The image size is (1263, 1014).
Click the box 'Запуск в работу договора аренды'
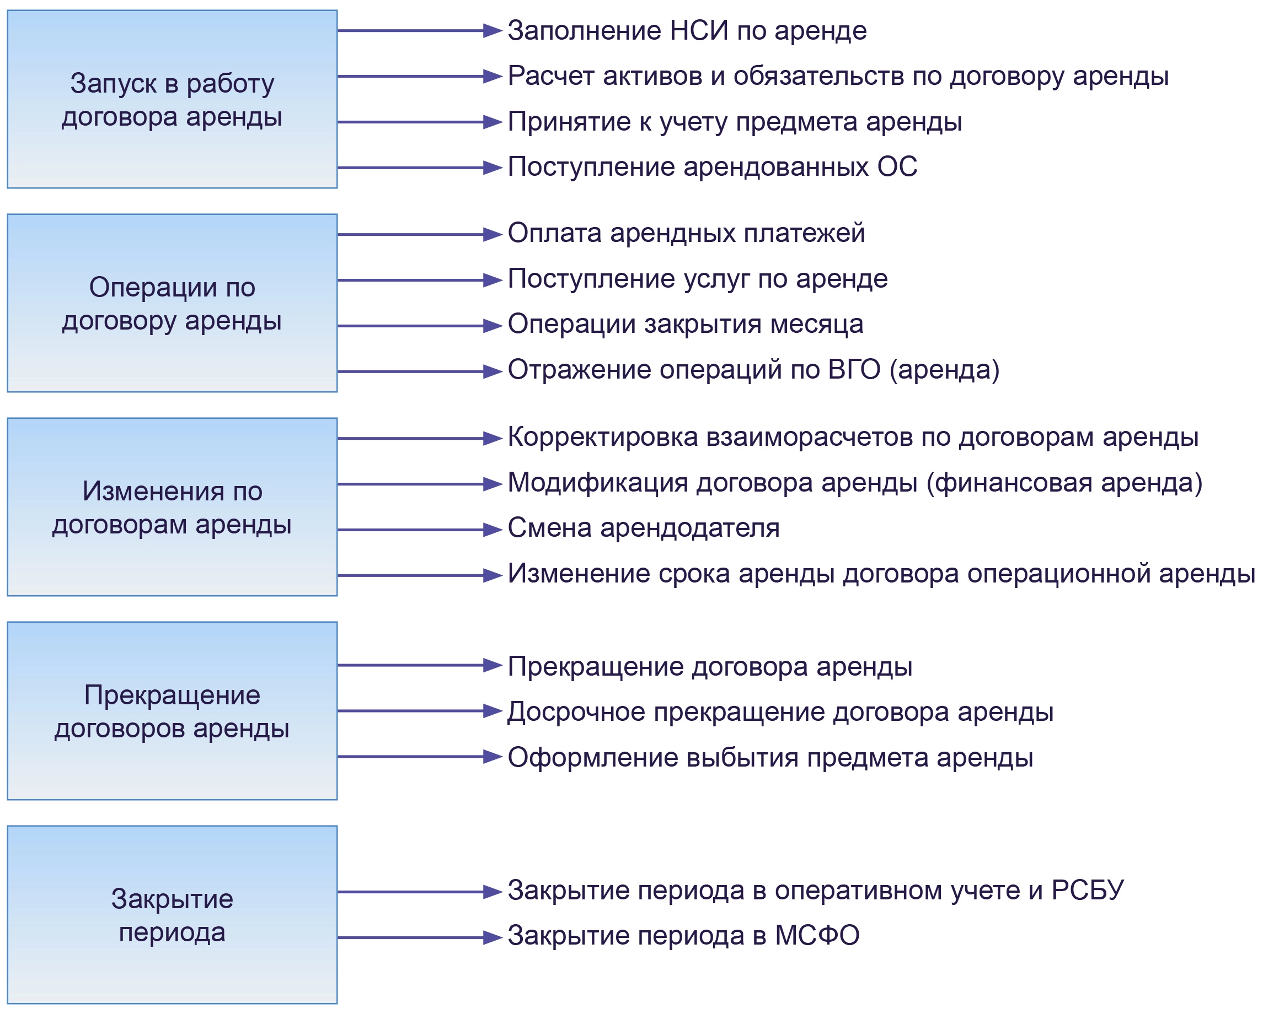[172, 100]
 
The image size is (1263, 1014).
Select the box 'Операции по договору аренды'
[172, 303]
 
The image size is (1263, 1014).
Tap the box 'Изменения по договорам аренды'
[172, 507]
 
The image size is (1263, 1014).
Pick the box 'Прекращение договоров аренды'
[172, 711]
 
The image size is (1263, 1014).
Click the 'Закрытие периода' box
[172, 914]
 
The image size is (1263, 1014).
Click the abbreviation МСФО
[817, 936]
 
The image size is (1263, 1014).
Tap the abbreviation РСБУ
[1087, 891]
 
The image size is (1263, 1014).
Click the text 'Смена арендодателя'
[643, 528]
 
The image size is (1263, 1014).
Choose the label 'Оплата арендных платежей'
[686, 233]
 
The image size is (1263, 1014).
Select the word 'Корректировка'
[602, 438]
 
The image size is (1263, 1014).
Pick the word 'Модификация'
[597, 483]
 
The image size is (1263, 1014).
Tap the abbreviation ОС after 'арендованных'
[897, 167]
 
